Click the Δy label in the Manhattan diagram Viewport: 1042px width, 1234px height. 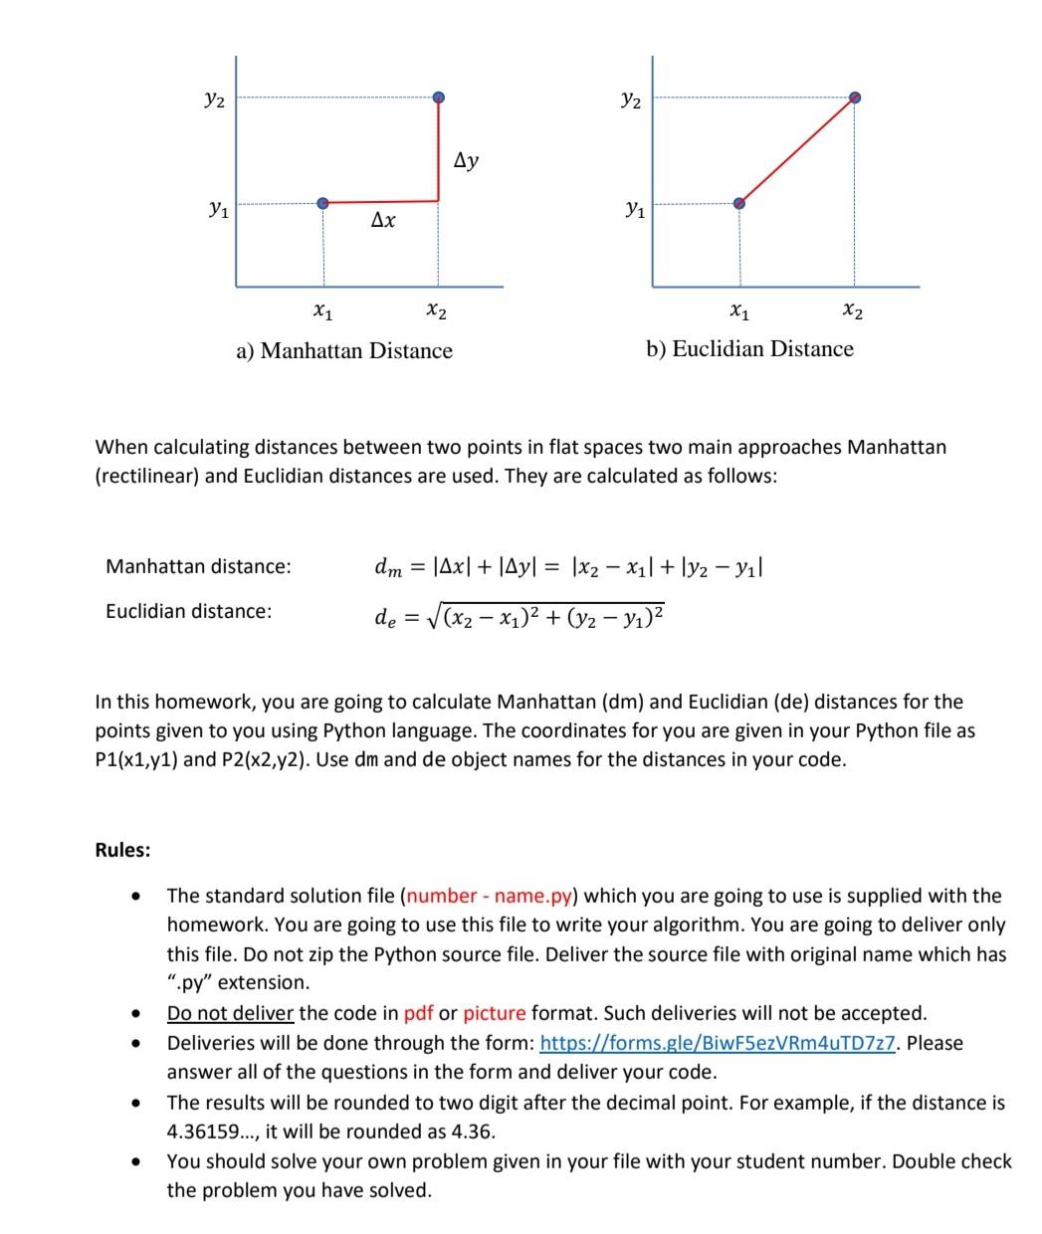tap(466, 159)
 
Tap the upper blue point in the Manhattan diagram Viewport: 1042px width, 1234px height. tap(439, 98)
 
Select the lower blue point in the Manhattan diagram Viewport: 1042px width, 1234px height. tap(322, 203)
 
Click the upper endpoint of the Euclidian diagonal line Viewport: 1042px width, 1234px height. tap(855, 98)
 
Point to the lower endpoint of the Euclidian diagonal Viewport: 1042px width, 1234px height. tap(738, 203)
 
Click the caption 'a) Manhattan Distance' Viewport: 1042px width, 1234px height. tap(344, 350)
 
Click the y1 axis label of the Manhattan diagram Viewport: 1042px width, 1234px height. tap(216, 209)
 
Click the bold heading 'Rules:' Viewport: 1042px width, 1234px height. tap(123, 850)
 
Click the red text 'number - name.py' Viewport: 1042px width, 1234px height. tap(490, 896)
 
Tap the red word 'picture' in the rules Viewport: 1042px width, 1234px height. tap(494, 1013)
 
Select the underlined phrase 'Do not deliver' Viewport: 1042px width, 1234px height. tap(230, 1013)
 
